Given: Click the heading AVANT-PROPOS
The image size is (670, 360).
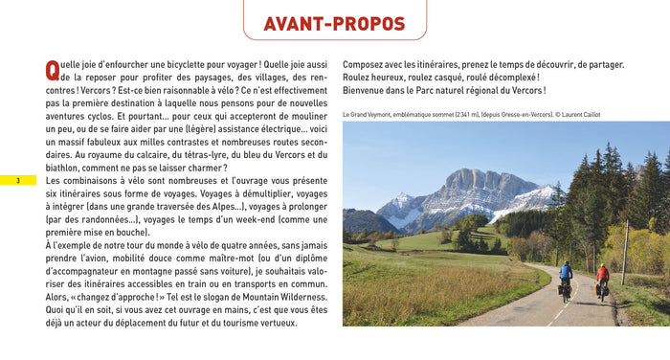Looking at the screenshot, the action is pyautogui.click(x=334, y=24).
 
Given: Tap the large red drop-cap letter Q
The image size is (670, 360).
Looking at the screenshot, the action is pyautogui.click(x=53, y=70).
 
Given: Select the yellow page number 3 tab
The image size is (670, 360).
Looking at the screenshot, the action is pyautogui.click(x=18, y=180).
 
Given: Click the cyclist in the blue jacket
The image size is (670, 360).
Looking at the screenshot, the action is pyautogui.click(x=566, y=281).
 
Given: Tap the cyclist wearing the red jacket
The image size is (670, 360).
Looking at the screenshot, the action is pyautogui.click(x=602, y=279).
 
